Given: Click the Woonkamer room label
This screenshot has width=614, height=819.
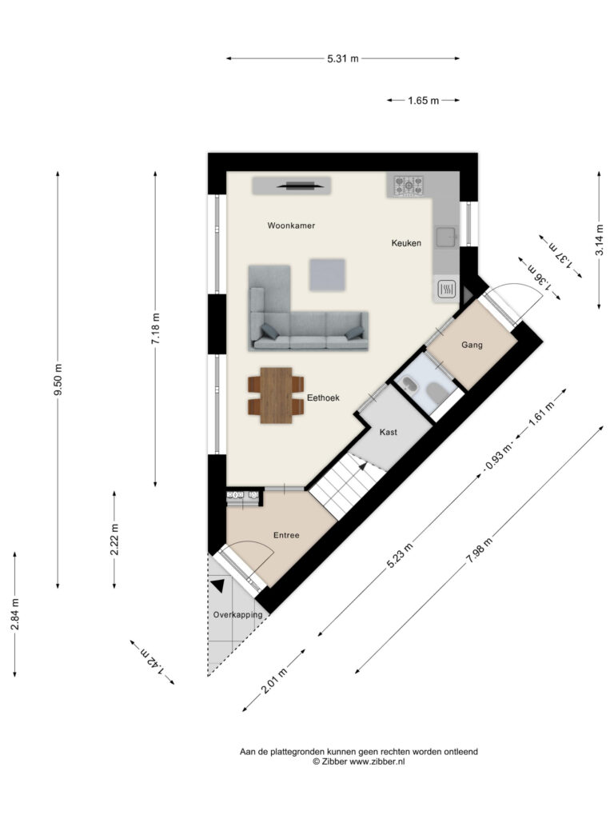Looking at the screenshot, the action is point(291,226).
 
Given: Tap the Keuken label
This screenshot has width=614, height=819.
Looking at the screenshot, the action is point(406,243).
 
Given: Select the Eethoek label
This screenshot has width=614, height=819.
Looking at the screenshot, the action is point(323,398).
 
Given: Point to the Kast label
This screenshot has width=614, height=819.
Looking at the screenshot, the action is point(389,432).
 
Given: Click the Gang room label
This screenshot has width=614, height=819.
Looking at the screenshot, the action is point(472,345).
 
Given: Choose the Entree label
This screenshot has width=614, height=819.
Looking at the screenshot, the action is point(286,535).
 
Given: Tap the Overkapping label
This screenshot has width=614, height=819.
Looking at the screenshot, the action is point(237,615).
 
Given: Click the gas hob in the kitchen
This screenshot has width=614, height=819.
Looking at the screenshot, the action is point(409,186).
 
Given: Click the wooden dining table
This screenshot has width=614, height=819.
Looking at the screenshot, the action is point(276,395).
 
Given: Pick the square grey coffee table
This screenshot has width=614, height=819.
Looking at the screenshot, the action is point(327,275).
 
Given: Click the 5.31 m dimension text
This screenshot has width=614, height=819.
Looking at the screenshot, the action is point(343,58).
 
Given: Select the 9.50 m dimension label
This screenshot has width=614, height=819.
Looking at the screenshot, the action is point(58,379).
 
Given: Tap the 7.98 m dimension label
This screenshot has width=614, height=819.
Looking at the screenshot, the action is point(480,550).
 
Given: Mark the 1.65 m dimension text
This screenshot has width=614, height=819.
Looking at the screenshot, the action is point(424,100).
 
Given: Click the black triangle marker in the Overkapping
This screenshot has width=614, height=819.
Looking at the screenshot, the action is point(218,585).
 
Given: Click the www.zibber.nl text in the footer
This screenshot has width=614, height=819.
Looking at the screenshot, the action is point(377,761).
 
